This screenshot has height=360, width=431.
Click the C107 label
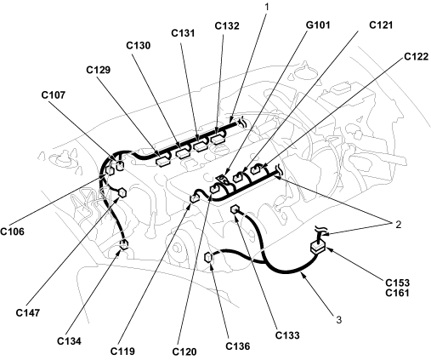click(x=54, y=94)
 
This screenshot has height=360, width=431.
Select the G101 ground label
click(x=318, y=25)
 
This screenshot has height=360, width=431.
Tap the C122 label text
click(x=416, y=57)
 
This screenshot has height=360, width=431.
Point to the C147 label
click(x=28, y=312)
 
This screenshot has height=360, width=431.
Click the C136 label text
click(x=238, y=346)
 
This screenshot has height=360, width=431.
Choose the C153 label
click(x=398, y=283)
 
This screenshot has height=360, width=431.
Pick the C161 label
click(x=398, y=293)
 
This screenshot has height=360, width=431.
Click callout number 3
click(x=339, y=320)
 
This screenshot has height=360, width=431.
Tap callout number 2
click(x=399, y=225)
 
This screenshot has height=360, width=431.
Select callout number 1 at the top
click(x=266, y=7)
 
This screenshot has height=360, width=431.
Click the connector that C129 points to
click(x=162, y=161)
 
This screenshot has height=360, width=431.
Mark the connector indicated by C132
click(x=218, y=140)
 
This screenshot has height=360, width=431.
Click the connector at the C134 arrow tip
click(x=124, y=244)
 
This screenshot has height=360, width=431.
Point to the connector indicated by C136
click(x=208, y=258)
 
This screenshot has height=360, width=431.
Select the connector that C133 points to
click(x=235, y=210)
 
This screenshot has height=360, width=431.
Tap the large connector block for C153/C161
click(x=318, y=248)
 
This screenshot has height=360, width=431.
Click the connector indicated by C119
click(x=195, y=197)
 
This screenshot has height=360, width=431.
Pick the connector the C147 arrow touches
click(x=122, y=192)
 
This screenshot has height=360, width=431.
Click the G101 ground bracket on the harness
click(x=223, y=180)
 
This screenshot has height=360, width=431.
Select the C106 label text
click(x=12, y=231)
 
